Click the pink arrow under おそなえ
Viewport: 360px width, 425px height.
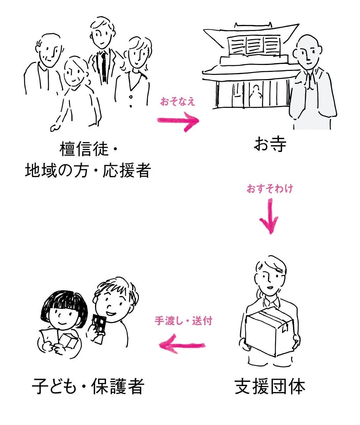point(179,121)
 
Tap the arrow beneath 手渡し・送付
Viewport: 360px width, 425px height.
point(182,346)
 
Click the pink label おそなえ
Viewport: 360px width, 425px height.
point(178,102)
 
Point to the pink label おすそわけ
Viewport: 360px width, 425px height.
point(270,189)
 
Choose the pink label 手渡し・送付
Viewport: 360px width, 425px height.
point(183,321)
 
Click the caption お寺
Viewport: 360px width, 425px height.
point(270,144)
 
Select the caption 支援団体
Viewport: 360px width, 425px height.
point(270,387)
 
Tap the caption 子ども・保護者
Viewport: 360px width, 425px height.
point(88,387)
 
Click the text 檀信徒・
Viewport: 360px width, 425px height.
point(88,149)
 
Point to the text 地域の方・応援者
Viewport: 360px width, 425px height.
point(88,171)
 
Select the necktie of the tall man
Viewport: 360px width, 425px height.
point(104,66)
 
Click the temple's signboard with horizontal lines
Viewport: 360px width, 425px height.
point(254,46)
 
